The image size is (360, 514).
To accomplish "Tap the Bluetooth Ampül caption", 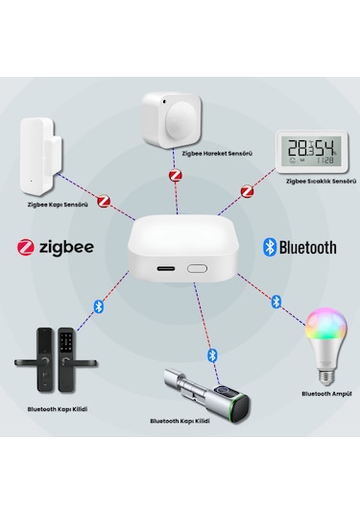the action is [x=322, y=393].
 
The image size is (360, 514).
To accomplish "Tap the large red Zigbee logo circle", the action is [x=26, y=247].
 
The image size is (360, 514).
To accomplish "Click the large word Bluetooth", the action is [x=307, y=247].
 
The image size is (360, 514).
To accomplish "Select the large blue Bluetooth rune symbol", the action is [x=270, y=247].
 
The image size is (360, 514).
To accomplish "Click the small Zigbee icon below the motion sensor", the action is [x=175, y=176].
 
